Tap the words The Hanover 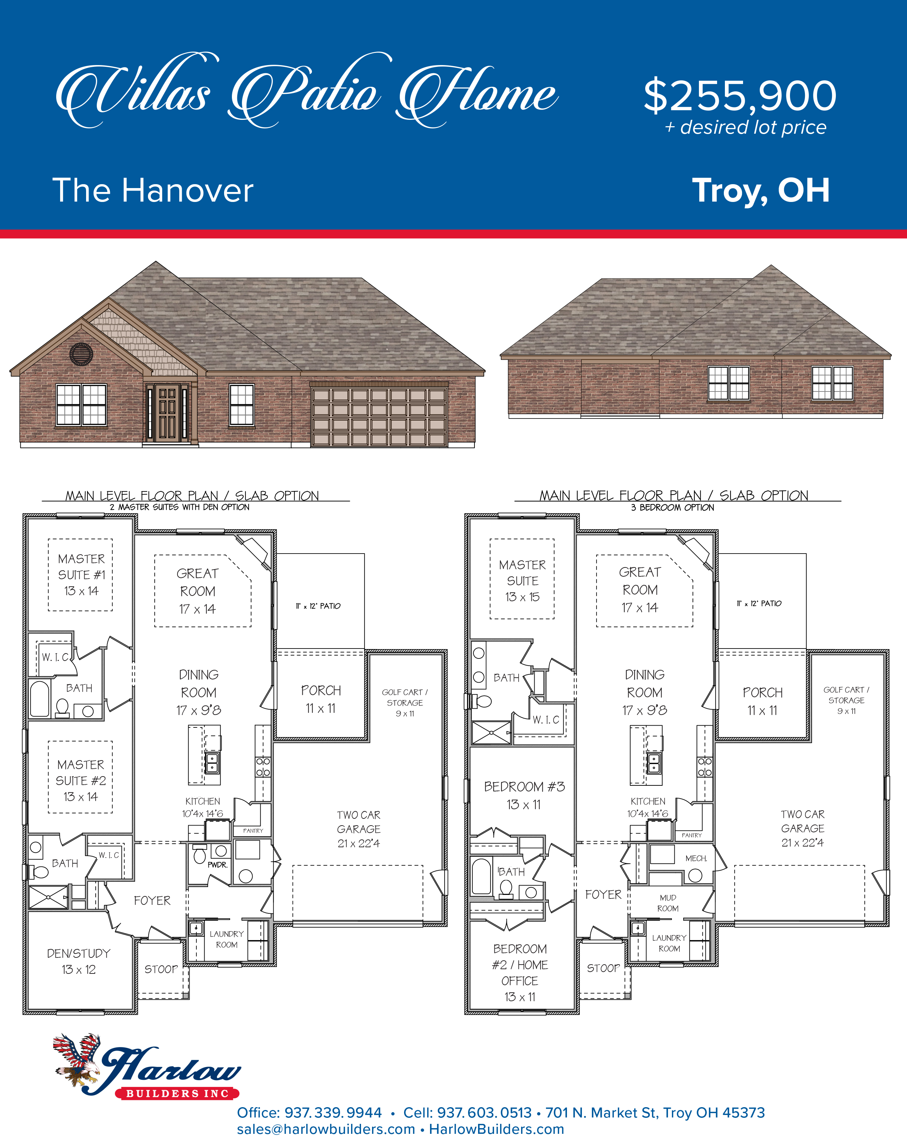tap(153, 190)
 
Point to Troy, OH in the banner tap(761, 190)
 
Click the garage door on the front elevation tap(379, 417)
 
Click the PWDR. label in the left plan tap(217, 864)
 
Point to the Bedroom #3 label tap(525, 795)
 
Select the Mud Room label tap(668, 903)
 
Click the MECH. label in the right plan tap(696, 858)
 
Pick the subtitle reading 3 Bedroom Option tap(672, 507)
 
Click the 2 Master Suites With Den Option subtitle tap(180, 507)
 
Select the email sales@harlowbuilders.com tap(326, 1129)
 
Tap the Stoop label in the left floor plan tap(161, 969)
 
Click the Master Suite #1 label tap(81, 575)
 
